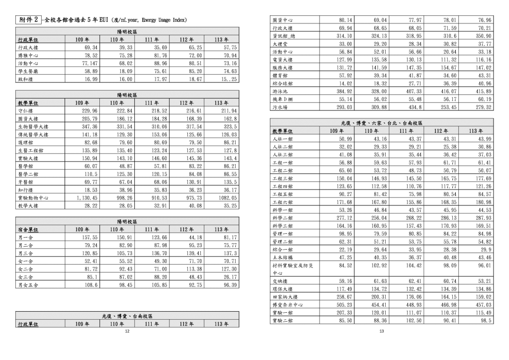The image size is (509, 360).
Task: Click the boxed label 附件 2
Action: pyautogui.click(x=28, y=20)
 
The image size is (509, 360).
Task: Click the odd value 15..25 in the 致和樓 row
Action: pyautogui.click(x=228, y=79)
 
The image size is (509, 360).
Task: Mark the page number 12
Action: pyautogui.click(x=127, y=331)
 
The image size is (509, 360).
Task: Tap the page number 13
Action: pyautogui.click(x=382, y=331)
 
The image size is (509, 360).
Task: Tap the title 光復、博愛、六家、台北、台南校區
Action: pyautogui.click(x=382, y=122)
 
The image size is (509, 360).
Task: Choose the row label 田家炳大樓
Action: pyautogui.click(x=285, y=296)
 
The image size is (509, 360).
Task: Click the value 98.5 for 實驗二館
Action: pyautogui.click(x=486, y=321)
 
